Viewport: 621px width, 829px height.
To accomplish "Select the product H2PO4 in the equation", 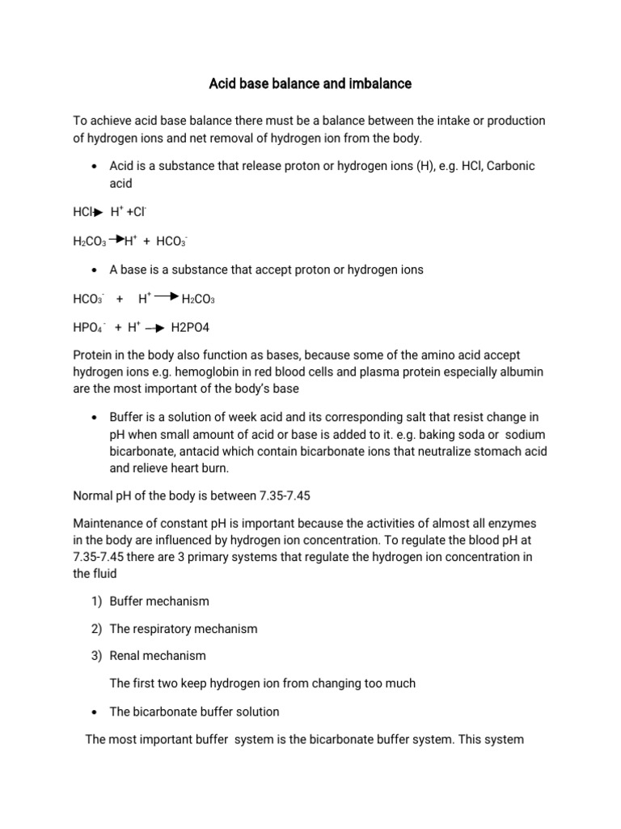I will (x=191, y=328).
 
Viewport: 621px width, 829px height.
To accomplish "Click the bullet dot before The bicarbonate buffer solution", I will (x=95, y=712).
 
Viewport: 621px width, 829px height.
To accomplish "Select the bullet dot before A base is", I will (x=95, y=270).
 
